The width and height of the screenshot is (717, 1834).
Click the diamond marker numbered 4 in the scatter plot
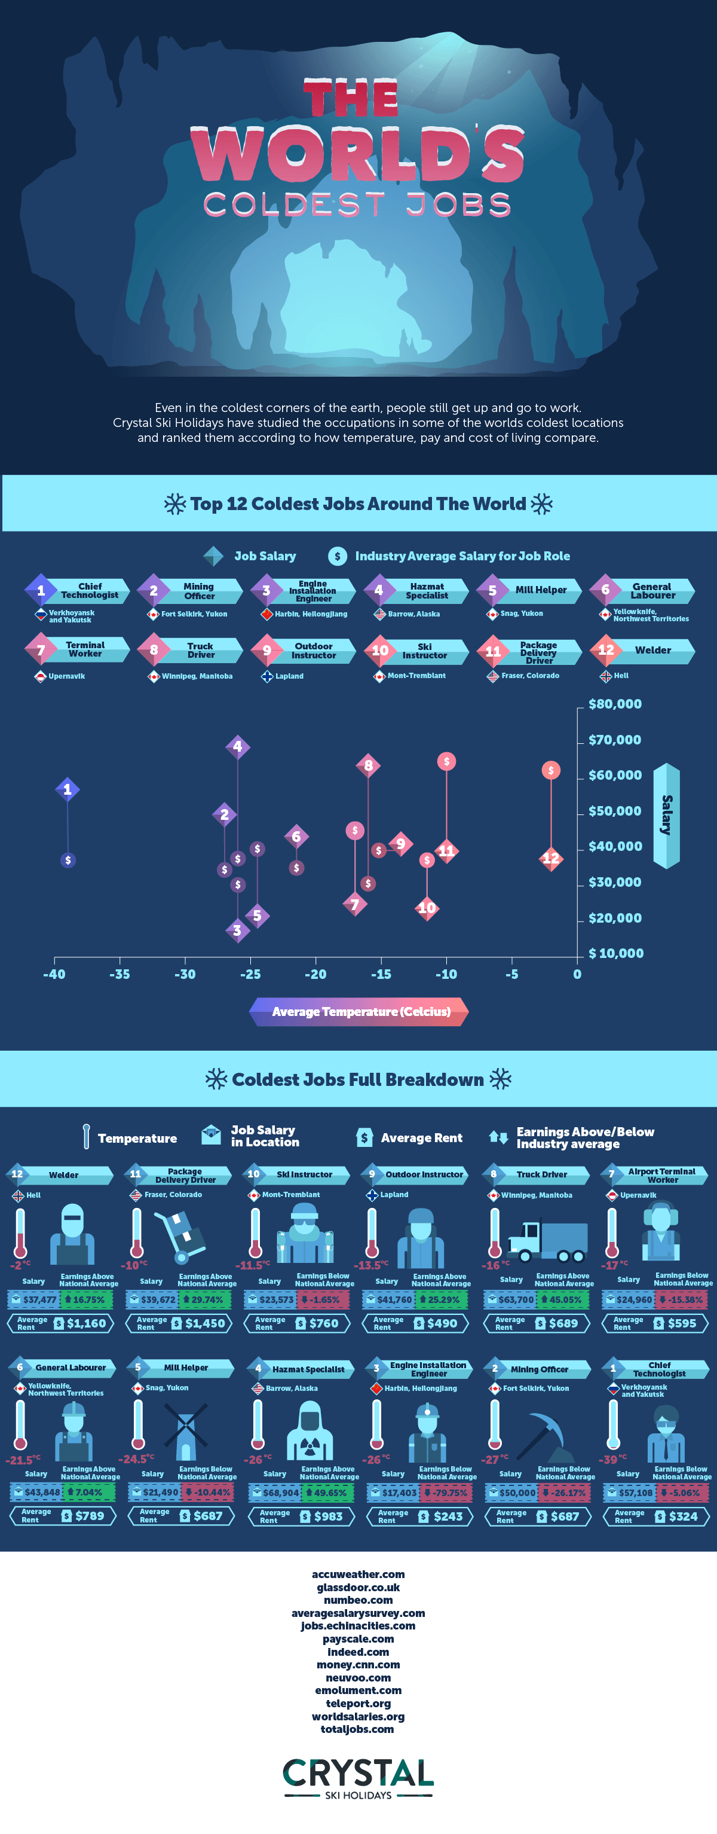coord(238,747)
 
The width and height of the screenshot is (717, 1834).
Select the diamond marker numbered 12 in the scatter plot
coord(550,859)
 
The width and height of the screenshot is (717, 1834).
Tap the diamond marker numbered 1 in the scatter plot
coord(68,789)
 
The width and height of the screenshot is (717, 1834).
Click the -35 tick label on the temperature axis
coord(119,974)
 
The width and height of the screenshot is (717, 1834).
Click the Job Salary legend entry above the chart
coord(265,556)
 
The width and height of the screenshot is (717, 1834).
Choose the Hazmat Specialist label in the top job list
coord(427,591)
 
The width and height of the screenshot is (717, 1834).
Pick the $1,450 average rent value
coord(205,1323)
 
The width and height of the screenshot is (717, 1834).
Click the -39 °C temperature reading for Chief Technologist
coord(612,1460)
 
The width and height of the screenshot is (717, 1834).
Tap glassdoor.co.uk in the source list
coord(358,1588)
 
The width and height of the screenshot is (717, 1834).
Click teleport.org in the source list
coord(358,1704)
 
